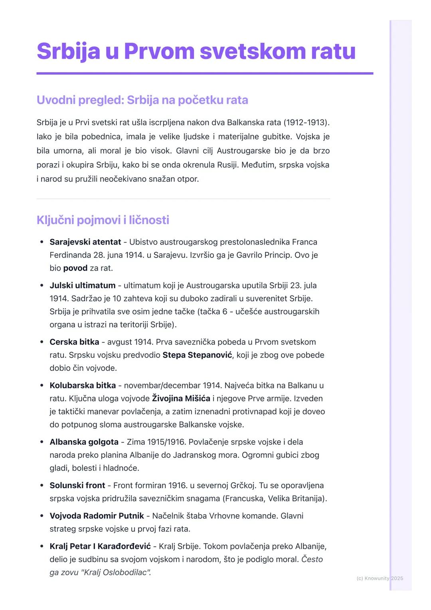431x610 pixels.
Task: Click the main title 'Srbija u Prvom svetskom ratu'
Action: click(x=196, y=51)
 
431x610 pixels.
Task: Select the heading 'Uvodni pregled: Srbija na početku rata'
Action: click(x=142, y=100)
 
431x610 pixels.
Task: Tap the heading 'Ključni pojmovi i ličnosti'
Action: click(x=103, y=220)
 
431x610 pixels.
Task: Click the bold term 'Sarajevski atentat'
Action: click(x=85, y=242)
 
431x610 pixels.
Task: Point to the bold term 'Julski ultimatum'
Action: click(x=82, y=285)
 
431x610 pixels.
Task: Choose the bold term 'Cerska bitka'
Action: click(x=74, y=342)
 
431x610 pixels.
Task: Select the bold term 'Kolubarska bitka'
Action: click(x=83, y=386)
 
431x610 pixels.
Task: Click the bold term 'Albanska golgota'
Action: click(x=84, y=442)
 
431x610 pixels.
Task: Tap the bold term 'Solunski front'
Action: click(x=77, y=485)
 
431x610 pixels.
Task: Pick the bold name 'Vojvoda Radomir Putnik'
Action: click(x=97, y=516)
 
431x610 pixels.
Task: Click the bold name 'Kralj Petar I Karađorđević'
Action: click(x=100, y=546)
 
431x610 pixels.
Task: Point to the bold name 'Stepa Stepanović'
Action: click(x=197, y=355)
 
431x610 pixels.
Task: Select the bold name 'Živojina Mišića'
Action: click(x=181, y=398)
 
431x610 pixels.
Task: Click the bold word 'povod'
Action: click(x=75, y=268)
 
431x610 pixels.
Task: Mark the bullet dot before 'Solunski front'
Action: click(x=42, y=485)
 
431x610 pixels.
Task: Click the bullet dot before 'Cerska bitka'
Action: click(x=42, y=342)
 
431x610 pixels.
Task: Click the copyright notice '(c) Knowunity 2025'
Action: click(x=380, y=578)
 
